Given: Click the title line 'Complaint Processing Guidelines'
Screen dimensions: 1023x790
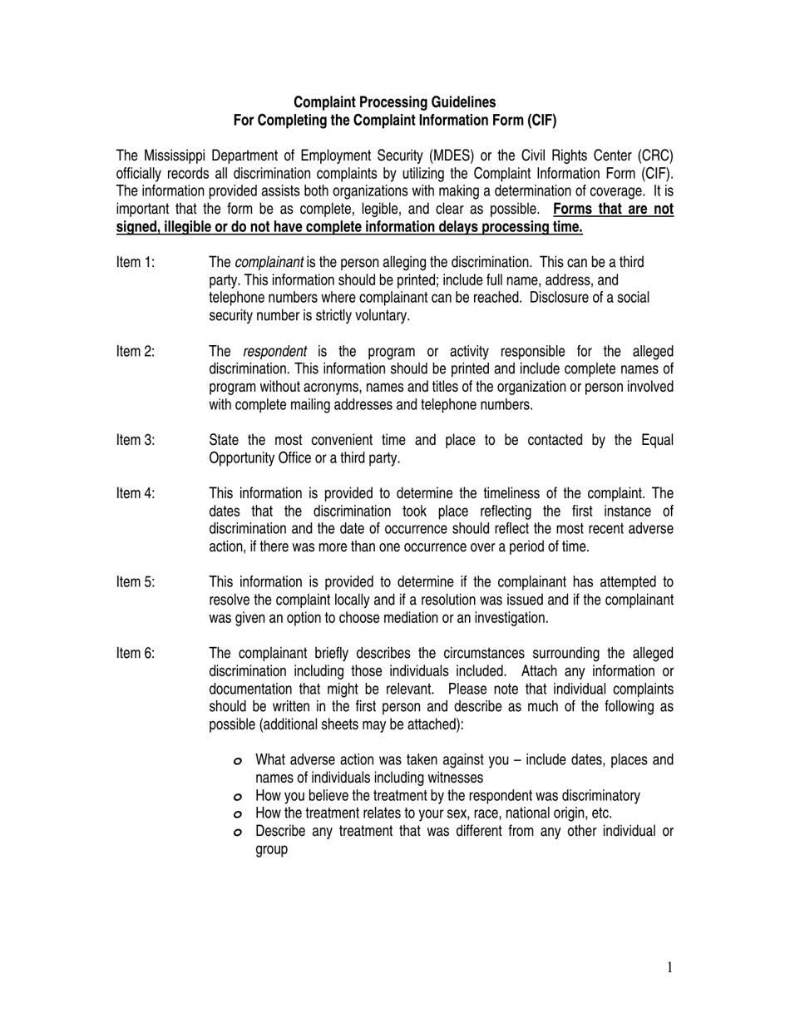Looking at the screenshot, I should tap(395, 102).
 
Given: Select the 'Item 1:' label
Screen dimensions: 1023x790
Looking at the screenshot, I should tap(136, 262).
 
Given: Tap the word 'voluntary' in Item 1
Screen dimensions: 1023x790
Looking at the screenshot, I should tap(381, 315).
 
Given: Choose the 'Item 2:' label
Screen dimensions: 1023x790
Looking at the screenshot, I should tap(136, 351).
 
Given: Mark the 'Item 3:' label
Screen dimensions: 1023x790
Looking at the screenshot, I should tap(136, 440).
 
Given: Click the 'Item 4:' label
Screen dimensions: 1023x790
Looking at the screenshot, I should tap(136, 493).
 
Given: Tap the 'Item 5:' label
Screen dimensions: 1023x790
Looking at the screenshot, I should tap(136, 582).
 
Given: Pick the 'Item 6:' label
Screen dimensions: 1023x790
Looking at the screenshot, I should tap(136, 653).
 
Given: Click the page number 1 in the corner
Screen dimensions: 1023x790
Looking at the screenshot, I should tap(669, 967).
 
